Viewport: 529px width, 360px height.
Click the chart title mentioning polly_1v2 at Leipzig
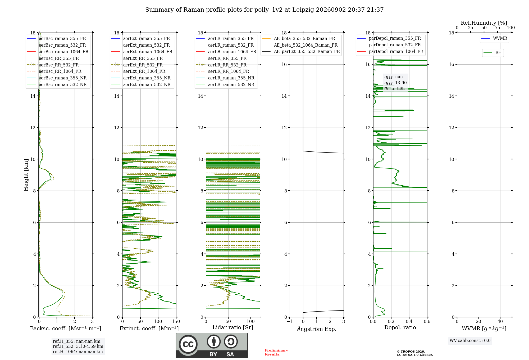264,10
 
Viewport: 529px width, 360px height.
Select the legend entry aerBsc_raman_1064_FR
58,52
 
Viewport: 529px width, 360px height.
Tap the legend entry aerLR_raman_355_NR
225,78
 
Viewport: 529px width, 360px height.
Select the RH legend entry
492,53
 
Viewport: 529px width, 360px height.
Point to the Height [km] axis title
26,175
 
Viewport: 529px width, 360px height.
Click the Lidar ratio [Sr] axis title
233,327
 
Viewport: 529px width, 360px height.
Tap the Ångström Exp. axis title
317,329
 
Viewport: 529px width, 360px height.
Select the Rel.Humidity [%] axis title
484,23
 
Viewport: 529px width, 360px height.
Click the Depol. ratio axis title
400,327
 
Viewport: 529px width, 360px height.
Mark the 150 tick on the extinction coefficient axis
176,322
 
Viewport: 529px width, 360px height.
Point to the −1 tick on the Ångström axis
290,322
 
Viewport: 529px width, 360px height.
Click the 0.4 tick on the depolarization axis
409,322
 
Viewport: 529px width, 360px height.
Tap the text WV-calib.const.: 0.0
470,341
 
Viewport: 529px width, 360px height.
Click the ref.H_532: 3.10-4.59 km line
78,346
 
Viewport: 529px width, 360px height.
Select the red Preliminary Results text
276,352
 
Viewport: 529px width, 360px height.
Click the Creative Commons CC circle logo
188,344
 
